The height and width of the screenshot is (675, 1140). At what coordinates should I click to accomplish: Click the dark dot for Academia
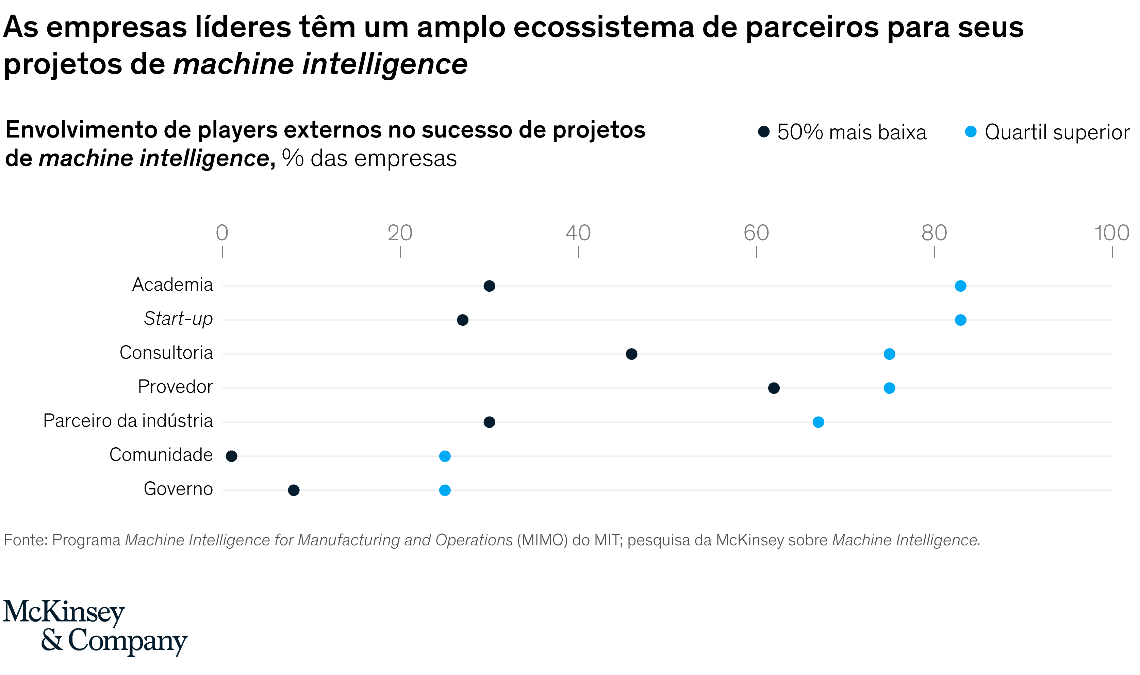pos(489,286)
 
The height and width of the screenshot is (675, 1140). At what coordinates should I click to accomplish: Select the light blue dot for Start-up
pos(960,320)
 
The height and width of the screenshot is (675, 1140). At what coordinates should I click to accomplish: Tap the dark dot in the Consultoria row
pos(631,354)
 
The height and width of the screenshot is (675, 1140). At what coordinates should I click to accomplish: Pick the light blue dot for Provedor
pos(890,388)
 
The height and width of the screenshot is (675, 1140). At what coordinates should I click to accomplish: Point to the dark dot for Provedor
pos(774,388)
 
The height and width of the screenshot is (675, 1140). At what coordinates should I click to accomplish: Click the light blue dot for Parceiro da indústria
pos(818,422)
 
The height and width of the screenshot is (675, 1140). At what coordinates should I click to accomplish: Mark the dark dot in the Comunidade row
pos(231,456)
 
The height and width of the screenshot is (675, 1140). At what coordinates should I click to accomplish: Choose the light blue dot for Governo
pos(445,490)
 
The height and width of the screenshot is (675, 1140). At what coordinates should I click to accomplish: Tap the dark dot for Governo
pos(294,490)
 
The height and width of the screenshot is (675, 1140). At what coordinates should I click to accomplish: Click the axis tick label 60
pos(756,233)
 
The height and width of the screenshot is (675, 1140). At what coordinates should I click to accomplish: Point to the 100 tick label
pos(1111,233)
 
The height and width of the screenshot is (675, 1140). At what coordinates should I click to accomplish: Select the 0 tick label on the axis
pos(222,233)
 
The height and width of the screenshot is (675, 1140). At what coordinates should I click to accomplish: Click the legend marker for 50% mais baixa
pos(764,132)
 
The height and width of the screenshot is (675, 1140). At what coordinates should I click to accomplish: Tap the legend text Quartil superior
pos(1057,132)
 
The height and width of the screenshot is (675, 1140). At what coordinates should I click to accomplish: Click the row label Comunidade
pos(161,455)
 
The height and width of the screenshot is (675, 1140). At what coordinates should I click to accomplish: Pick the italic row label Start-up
pos(178,318)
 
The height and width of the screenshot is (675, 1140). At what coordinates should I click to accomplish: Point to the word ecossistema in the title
pos(604,27)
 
